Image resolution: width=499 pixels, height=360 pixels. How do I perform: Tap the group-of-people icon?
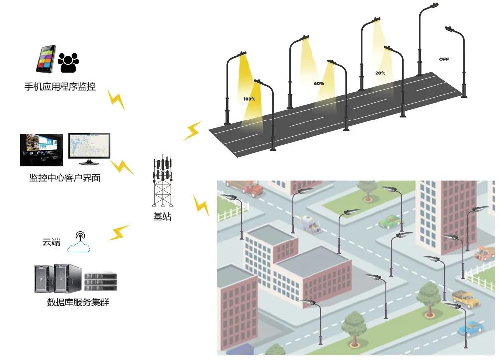click(68, 61)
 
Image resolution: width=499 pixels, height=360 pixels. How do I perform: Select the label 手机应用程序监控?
click(60, 87)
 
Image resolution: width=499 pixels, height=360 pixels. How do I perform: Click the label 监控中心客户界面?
click(64, 178)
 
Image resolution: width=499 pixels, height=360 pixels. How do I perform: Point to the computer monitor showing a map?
click(89, 148)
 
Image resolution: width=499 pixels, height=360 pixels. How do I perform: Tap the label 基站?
click(162, 217)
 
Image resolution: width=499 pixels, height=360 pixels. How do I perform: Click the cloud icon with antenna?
click(80, 242)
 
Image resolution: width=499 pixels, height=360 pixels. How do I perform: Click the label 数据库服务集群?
click(77, 302)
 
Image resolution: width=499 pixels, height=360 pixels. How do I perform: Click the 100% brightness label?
click(249, 99)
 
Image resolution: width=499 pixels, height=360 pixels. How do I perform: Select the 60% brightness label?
click(319, 83)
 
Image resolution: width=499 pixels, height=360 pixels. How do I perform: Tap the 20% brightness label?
click(380, 73)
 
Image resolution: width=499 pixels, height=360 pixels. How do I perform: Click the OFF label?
click(444, 59)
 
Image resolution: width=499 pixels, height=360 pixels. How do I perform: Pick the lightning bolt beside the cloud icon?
click(119, 232)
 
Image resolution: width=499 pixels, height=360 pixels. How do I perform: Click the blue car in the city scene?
click(470, 328)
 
